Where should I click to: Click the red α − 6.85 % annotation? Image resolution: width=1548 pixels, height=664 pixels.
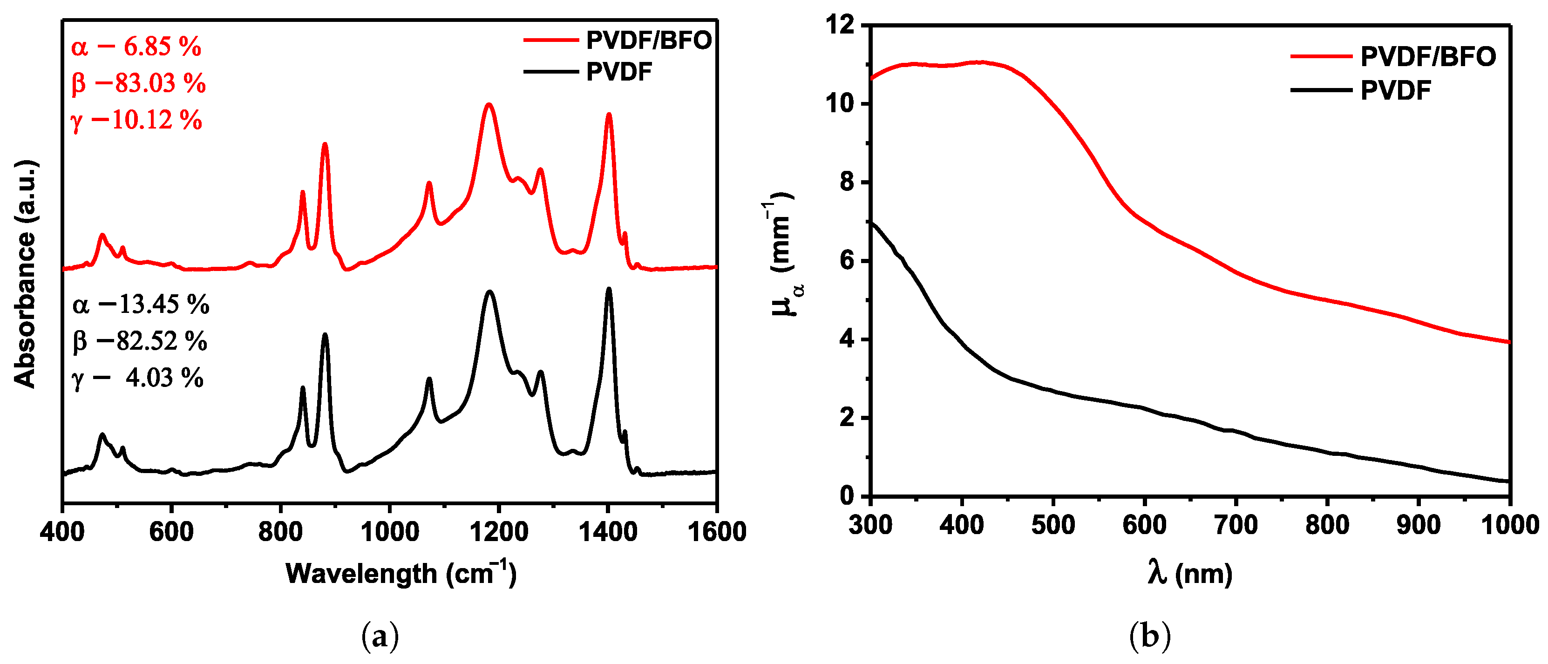pyautogui.click(x=136, y=47)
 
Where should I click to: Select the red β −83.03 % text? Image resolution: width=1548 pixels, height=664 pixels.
pyautogui.click(x=138, y=83)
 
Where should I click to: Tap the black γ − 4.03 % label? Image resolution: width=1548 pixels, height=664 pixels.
pyautogui.click(x=137, y=378)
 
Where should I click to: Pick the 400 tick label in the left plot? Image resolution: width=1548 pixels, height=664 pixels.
pyautogui.click(x=62, y=531)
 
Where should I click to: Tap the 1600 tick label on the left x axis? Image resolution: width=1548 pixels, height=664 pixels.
pyautogui.click(x=716, y=531)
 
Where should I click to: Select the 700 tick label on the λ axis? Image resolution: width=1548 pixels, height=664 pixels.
pyautogui.click(x=1236, y=525)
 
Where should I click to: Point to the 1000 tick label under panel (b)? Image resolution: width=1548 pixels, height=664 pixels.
pyautogui.click(x=1509, y=525)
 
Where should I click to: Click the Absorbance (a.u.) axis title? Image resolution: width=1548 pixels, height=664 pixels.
pyautogui.click(x=25, y=273)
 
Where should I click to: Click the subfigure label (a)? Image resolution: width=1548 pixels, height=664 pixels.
pyautogui.click(x=380, y=636)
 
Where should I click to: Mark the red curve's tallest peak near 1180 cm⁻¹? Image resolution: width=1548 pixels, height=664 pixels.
pyautogui.click(x=489, y=105)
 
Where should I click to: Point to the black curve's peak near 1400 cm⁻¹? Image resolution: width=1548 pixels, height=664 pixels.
pyautogui.click(x=609, y=289)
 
